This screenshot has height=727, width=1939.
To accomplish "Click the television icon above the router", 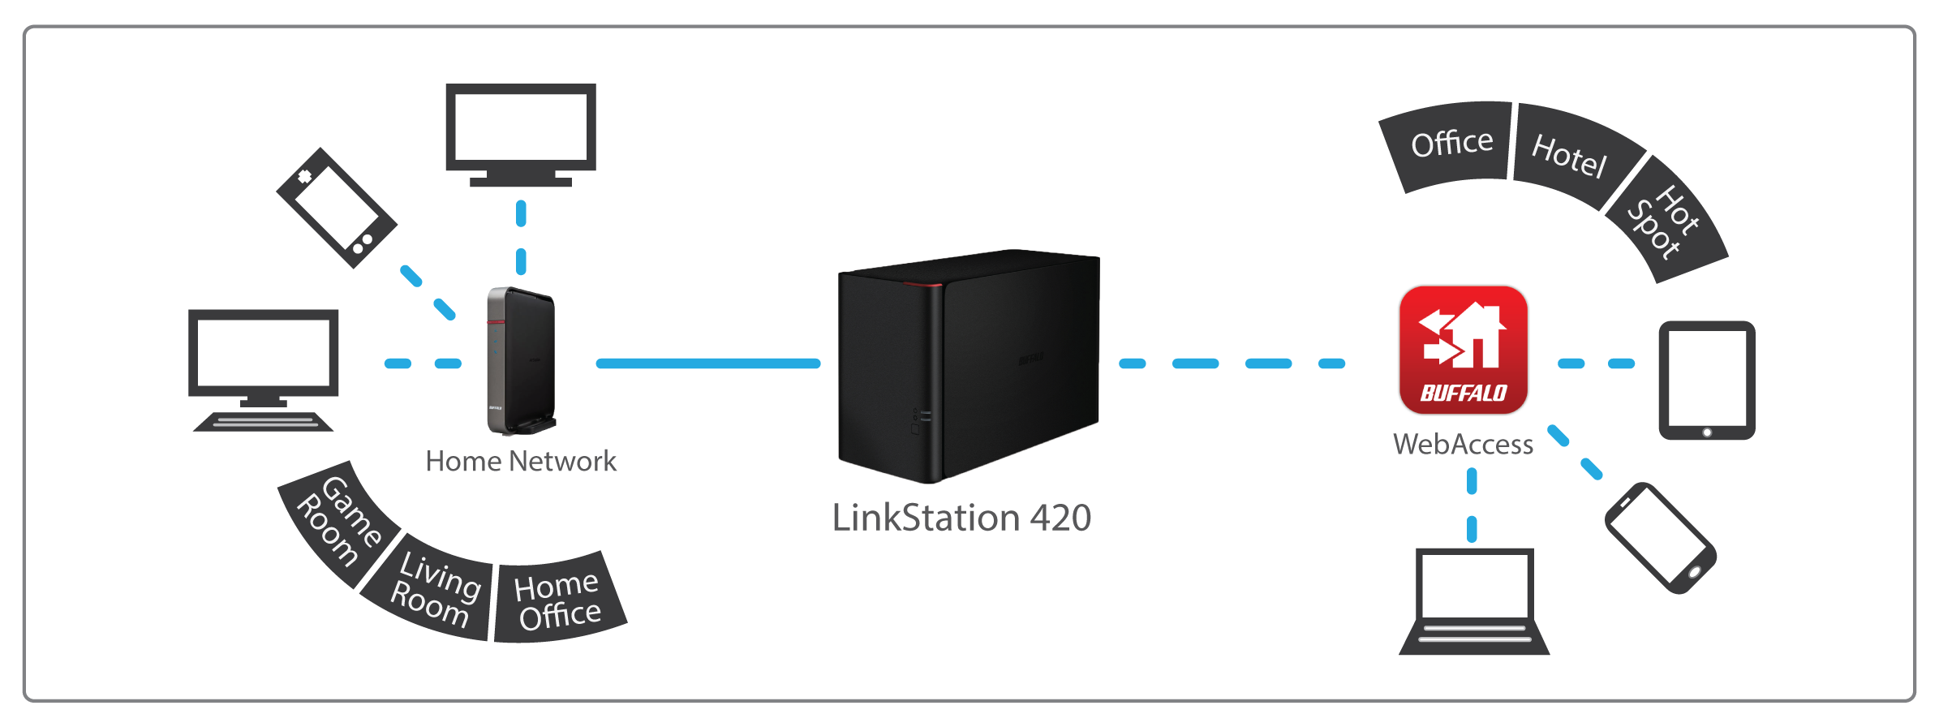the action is pos(521,134).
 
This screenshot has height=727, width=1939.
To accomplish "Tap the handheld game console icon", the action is pos(337,208).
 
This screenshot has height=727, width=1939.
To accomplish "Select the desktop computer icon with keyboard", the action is pos(264,369).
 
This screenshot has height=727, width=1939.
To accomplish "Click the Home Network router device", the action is pos(521,360).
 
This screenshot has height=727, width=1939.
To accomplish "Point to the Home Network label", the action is pos(521,461).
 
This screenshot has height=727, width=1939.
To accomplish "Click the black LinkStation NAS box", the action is pos(969,365).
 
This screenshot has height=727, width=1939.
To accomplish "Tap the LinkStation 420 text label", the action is pos(961,518).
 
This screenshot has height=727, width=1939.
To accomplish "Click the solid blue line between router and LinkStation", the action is pos(708,363).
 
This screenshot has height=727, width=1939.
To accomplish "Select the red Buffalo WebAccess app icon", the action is pos(1464,350).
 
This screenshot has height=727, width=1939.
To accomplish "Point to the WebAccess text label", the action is pos(1464,444).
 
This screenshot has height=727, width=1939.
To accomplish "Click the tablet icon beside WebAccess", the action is pos(1707,381).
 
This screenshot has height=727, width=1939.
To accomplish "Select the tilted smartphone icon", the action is pos(1661,538).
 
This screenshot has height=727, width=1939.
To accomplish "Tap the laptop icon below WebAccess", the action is pos(1474,601).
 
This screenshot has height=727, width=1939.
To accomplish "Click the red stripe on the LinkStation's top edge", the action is pos(922,283).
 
